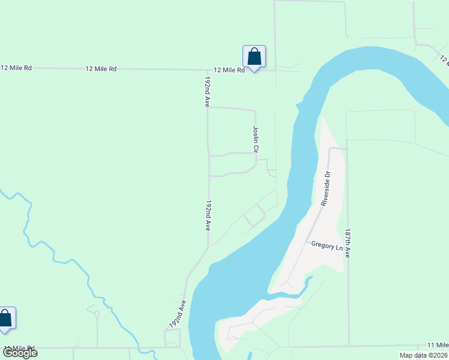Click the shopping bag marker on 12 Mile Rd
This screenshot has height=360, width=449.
point(254,57)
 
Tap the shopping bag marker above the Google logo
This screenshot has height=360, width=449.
point(5,319)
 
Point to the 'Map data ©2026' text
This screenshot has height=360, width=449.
point(423,355)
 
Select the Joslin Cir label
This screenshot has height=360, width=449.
point(256,139)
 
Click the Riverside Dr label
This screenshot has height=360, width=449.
point(325,189)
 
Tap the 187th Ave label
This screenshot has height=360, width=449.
point(348,243)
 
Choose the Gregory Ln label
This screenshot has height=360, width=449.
point(326,245)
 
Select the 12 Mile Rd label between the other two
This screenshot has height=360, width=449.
point(101,69)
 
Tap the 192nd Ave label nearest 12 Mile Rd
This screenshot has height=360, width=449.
point(207,92)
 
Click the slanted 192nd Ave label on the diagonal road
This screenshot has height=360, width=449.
point(175,315)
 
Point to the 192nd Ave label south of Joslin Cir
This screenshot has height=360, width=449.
point(208,216)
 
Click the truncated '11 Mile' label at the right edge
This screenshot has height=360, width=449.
point(438,345)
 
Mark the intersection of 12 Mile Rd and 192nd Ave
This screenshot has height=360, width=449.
point(208,70)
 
